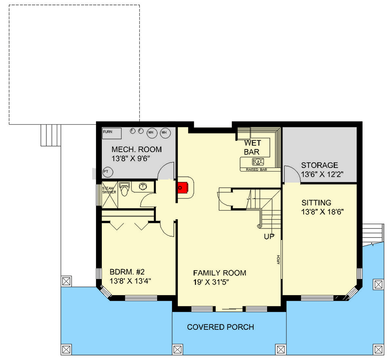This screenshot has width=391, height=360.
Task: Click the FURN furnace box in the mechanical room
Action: (x=112, y=134)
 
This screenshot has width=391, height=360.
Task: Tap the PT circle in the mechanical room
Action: (x=106, y=171)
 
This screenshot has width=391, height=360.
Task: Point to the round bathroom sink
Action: (x=143, y=186)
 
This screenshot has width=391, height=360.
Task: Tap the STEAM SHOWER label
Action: (x=109, y=190)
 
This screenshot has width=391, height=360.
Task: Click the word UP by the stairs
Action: (x=269, y=236)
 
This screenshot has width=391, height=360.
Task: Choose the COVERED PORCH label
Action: (x=220, y=327)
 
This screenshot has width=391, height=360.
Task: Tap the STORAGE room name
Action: (x=319, y=165)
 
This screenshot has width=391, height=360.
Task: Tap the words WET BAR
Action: (x=252, y=148)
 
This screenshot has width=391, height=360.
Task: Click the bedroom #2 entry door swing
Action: (x=168, y=227)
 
